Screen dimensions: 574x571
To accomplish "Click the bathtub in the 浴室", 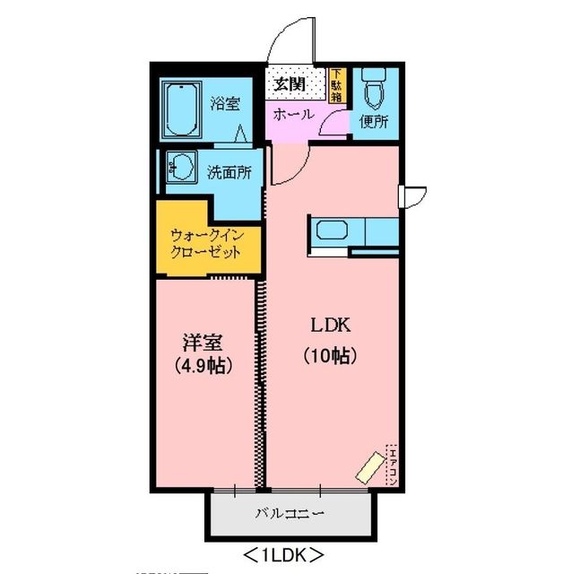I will [183, 109].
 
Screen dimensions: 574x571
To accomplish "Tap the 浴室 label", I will [224, 103].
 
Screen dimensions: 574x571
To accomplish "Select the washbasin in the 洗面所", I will [183, 167].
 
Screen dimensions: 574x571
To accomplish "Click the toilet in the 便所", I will [374, 91].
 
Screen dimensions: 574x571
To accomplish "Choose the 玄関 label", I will [290, 84].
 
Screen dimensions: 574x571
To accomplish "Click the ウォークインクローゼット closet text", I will [206, 244].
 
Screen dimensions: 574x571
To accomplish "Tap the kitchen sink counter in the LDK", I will [353, 230].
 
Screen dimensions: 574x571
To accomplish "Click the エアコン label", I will [391, 465].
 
